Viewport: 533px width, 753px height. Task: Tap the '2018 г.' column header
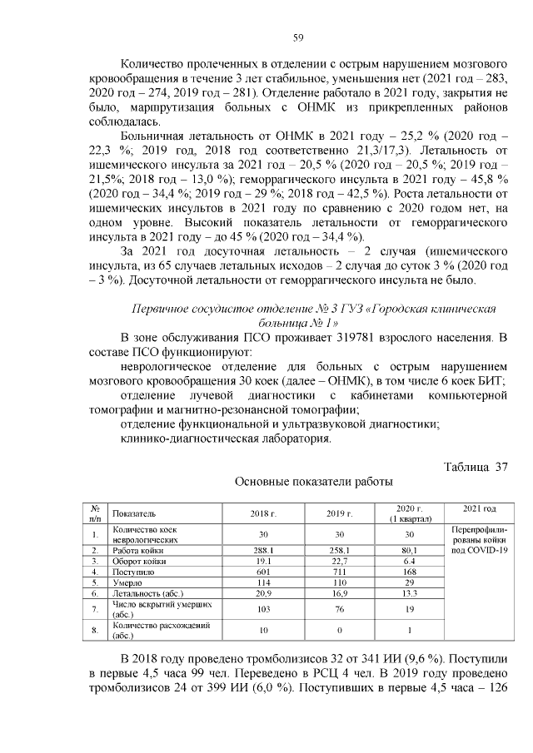click(x=262, y=513)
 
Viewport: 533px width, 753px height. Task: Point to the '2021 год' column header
click(x=479, y=508)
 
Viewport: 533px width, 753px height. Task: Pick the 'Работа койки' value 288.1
click(x=262, y=551)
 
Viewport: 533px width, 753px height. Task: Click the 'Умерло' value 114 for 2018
click(x=262, y=583)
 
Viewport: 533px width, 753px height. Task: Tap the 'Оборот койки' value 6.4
click(x=409, y=562)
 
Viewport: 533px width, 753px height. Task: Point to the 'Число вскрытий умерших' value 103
click(x=262, y=610)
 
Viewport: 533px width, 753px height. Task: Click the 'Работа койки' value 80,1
click(x=409, y=551)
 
